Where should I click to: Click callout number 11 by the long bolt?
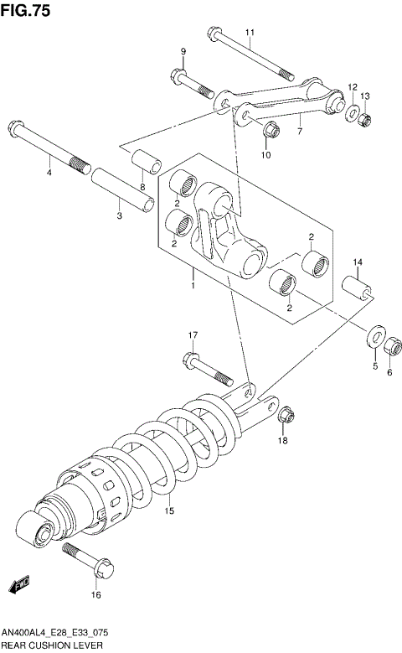250,33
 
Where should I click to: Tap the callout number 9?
182,53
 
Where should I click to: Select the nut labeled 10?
270,131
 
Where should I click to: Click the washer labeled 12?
353,113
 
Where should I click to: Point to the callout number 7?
299,131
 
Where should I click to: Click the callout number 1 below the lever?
193,286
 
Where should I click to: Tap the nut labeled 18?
285,415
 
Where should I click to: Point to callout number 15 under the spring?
168,511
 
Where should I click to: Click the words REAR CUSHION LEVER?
52,645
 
